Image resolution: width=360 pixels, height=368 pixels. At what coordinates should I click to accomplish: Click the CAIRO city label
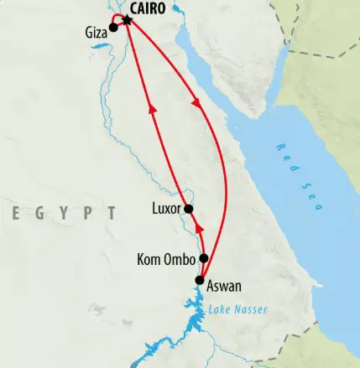click(149, 9)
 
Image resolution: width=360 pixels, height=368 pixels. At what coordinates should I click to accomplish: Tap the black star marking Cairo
click(128, 18)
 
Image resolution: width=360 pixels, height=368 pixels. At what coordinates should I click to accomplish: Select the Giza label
click(97, 34)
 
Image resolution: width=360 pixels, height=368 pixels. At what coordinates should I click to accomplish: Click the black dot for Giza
click(113, 28)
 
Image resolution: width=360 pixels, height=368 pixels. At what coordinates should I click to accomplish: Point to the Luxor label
click(166, 209)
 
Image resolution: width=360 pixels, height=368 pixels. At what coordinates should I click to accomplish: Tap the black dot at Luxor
click(189, 209)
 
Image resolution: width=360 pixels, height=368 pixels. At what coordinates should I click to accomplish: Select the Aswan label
click(224, 285)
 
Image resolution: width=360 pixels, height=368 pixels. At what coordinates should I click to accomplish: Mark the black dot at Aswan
click(200, 281)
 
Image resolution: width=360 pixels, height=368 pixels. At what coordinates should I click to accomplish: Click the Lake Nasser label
click(239, 310)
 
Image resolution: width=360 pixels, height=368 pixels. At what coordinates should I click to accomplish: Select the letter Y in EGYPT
click(62, 213)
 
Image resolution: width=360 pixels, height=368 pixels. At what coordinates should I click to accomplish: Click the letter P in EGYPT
click(86, 213)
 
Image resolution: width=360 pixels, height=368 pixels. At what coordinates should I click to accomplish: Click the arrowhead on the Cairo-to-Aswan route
click(196, 105)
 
